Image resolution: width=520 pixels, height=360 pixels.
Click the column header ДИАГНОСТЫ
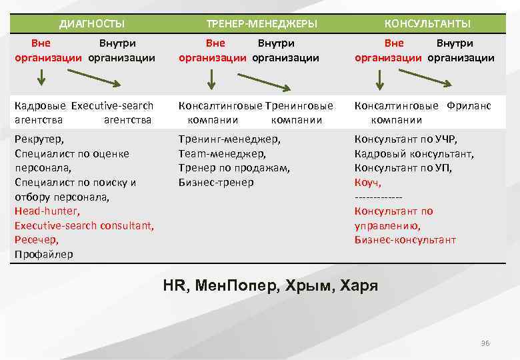91,24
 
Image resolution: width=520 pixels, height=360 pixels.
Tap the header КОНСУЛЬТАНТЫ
427,24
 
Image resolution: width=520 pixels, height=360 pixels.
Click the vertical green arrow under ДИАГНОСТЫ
41,78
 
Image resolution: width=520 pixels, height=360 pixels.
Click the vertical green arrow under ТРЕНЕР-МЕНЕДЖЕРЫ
211,79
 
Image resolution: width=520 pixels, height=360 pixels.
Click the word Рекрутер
39,139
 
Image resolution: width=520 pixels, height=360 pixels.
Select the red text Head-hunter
47,211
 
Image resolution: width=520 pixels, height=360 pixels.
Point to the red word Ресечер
36,240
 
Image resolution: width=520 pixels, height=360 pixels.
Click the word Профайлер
44,254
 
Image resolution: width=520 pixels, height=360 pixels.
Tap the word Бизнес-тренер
216,182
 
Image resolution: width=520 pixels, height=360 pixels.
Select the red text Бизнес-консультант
405,240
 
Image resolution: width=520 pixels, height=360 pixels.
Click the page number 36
485,343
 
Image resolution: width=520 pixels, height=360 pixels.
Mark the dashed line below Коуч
379,197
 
